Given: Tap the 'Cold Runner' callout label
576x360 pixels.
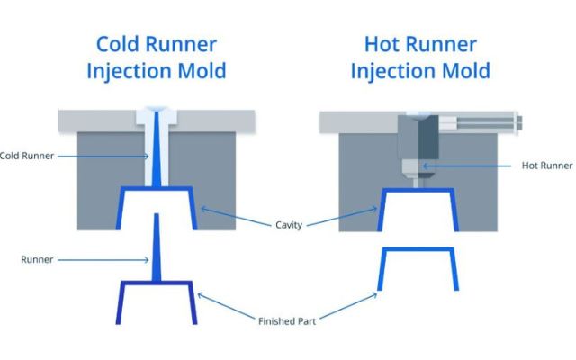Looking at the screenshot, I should [x=27, y=156].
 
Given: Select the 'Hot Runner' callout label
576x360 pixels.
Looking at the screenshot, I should [x=546, y=166].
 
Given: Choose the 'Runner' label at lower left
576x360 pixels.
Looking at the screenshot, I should [x=37, y=260].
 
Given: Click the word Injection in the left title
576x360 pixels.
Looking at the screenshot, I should [x=126, y=71].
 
